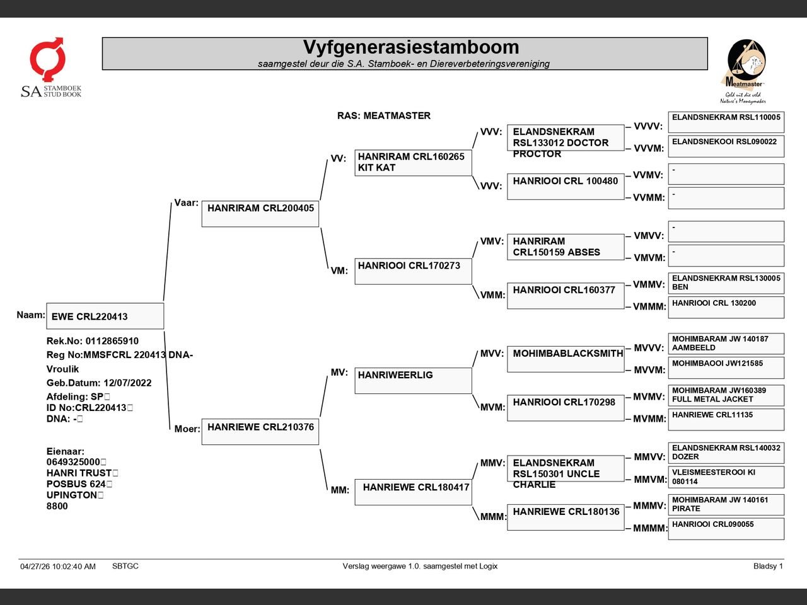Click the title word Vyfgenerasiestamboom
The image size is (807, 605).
pyautogui.click(x=411, y=47)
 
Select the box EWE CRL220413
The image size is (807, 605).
pyautogui.click(x=105, y=316)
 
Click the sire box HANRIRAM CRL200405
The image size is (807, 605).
pyautogui.click(x=260, y=214)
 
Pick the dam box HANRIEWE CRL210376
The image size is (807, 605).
pyautogui.click(x=260, y=432)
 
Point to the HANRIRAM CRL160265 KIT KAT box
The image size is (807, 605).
pyautogui.click(x=413, y=163)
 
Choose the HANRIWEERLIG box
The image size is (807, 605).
pyautogui.click(x=413, y=381)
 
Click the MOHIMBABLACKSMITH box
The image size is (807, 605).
pyautogui.click(x=566, y=359)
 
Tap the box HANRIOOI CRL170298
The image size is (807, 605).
pyautogui.click(x=566, y=408)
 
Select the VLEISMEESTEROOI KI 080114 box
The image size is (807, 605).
pyautogui.click(x=726, y=477)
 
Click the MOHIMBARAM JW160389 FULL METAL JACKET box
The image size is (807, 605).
pyautogui.click(x=726, y=395)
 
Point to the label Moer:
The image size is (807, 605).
pyautogui.click(x=187, y=429)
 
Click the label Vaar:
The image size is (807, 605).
pyautogui.click(x=186, y=203)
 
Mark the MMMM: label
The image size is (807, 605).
pyautogui.click(x=649, y=528)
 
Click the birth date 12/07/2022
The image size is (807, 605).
pyautogui.click(x=127, y=383)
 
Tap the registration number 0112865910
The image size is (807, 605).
pyautogui.click(x=112, y=341)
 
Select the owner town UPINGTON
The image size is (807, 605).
pyautogui.click(x=72, y=495)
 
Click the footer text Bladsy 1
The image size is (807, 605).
pyautogui.click(x=768, y=566)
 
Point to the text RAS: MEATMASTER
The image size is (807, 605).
pyautogui.click(x=384, y=116)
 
